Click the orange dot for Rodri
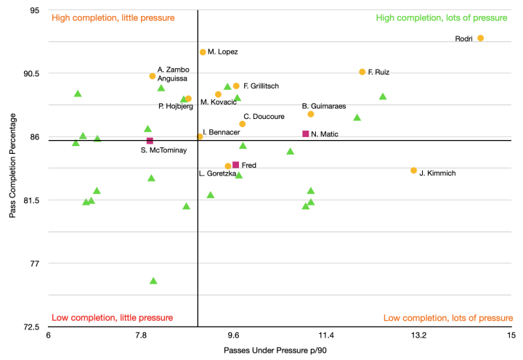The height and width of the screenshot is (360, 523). point(480,38)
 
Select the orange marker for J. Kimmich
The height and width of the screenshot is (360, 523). point(413,171)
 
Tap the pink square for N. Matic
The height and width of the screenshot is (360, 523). point(306,134)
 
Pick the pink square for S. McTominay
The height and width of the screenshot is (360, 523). point(150,141)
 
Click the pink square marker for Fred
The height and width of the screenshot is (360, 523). point(235,165)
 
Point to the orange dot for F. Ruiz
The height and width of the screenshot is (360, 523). point(362,72)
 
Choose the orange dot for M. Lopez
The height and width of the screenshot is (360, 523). point(203,52)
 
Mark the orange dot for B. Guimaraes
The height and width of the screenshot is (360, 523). point(310,114)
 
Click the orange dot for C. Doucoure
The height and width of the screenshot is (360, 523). point(242,124)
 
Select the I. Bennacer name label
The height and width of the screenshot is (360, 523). point(222,132)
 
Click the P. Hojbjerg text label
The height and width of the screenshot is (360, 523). point(175,107)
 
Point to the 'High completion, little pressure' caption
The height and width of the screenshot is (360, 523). point(113,18)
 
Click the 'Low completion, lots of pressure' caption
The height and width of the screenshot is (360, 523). point(447,318)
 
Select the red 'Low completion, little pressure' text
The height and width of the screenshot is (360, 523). point(112,318)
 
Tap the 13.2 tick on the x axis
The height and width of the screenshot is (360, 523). point(418,336)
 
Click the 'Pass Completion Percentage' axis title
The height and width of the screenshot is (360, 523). point(13,168)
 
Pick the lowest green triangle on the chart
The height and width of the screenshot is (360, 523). point(153,281)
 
